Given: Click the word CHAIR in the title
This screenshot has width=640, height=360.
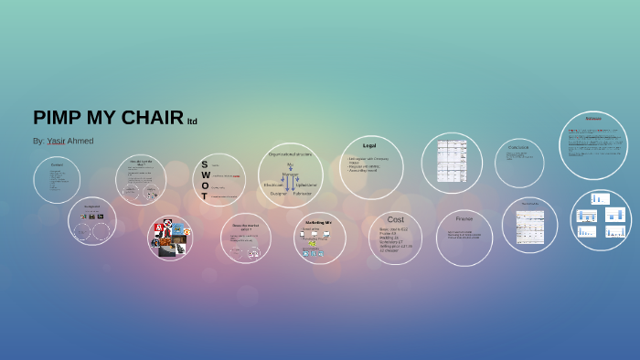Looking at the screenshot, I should point(151,118).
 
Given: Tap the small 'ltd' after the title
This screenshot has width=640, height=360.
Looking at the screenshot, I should point(192,122).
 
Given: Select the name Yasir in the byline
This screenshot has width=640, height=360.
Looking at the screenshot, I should point(57,141).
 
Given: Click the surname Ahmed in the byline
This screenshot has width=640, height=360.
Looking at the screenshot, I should point(80,141).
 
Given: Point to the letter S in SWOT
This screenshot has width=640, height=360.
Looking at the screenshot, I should point(205,164).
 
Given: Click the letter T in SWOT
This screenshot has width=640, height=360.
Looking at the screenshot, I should point(205,196).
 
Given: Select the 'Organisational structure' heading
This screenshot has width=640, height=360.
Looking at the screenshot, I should point(290,154).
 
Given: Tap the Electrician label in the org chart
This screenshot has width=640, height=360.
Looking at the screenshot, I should point(274,185).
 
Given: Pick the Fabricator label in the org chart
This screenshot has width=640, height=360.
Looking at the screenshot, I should point(303,194).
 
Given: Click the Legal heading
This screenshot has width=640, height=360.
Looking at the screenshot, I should point(369,145).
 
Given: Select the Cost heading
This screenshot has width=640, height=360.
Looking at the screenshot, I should point(395,219).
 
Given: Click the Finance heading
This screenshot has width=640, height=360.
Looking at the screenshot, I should point(464,218).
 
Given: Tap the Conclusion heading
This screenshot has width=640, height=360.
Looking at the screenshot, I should point(518,147).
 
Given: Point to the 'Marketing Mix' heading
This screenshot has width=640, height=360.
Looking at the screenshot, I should point(318,222).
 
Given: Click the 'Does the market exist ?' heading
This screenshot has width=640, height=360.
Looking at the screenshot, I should point(246,227).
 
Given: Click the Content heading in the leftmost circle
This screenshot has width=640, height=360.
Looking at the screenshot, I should point(56,165).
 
